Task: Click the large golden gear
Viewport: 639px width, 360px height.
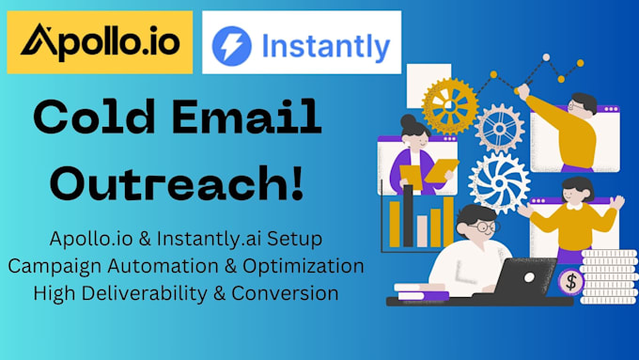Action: (449, 105)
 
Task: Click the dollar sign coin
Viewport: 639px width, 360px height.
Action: (569, 281)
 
